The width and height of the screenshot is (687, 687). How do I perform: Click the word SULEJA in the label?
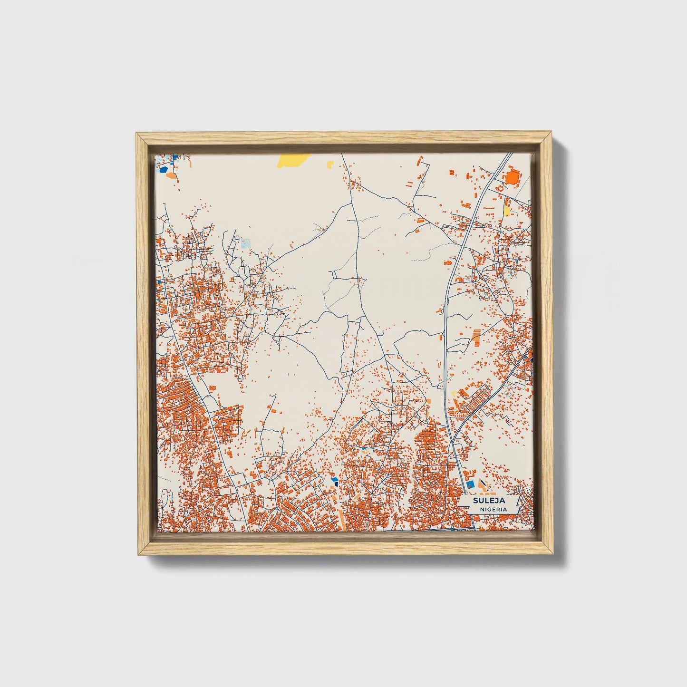[482, 500]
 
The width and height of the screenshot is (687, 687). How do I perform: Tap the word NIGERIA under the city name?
[493, 509]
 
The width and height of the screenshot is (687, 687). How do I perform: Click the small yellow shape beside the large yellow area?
[330, 164]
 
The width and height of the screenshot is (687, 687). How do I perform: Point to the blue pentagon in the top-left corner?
[164, 168]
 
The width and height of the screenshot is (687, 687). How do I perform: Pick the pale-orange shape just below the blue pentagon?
[172, 175]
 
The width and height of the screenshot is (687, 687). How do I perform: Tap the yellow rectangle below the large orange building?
[507, 210]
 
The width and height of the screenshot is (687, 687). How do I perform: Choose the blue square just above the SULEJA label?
[471, 484]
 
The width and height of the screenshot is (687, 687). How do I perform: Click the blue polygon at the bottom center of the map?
[334, 481]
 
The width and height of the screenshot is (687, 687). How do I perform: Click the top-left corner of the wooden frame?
[137, 134]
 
